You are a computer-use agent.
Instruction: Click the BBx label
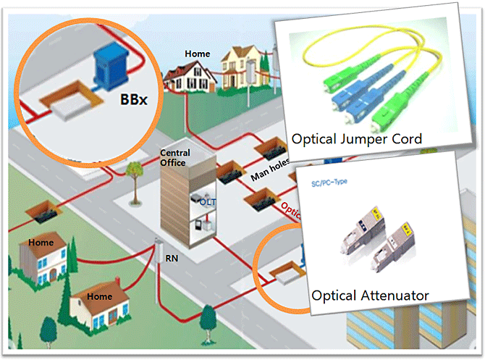coord(132,99)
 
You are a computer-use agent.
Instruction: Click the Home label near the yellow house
coord(197,54)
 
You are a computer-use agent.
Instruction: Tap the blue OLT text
coord(205,204)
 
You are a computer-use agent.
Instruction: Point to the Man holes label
coord(265,173)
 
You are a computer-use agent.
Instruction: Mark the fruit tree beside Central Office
coord(133,174)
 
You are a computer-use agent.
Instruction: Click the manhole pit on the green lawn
coord(42,214)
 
